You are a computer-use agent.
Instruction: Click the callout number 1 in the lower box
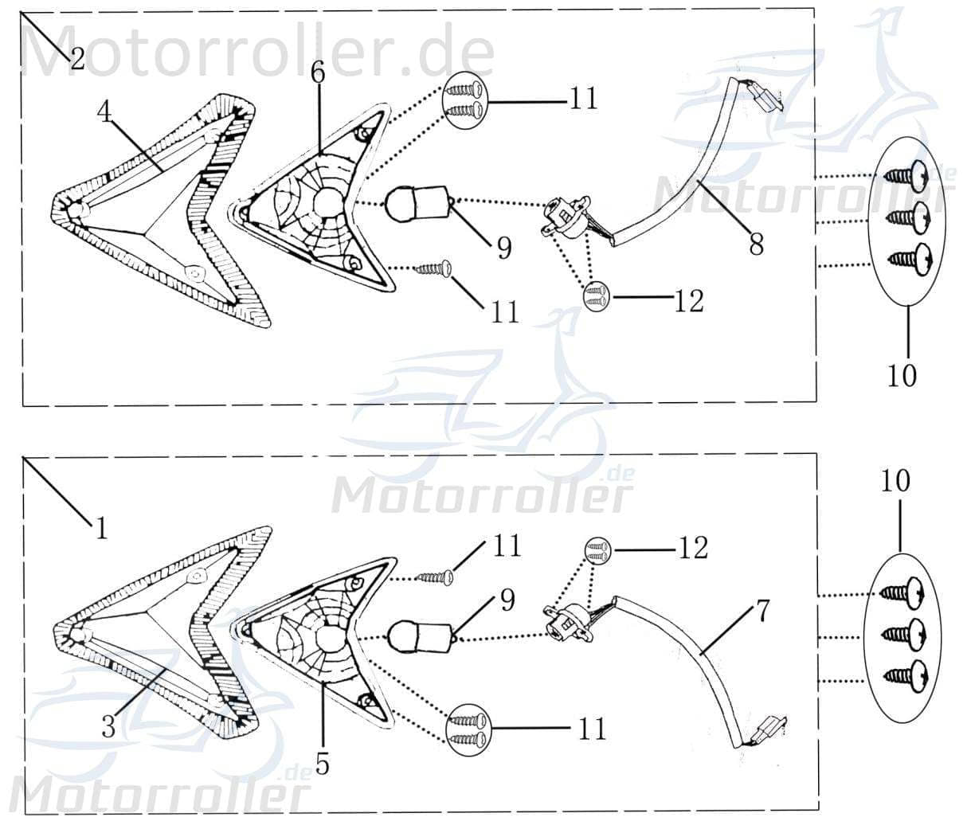101,528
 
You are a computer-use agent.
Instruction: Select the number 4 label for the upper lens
105,111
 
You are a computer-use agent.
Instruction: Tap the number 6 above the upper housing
318,72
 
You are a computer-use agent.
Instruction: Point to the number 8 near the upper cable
756,244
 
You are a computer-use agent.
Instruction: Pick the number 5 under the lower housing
322,763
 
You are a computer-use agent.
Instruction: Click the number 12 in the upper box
688,300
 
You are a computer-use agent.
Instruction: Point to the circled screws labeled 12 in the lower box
597,549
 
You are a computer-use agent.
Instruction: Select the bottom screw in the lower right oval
909,675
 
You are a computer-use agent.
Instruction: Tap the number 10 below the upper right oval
902,375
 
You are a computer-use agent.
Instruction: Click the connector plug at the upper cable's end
762,98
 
